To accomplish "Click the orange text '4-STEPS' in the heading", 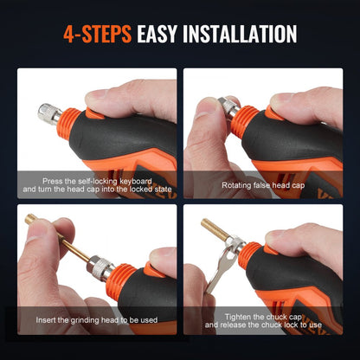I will [97, 35].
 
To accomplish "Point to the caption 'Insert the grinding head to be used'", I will [97, 320].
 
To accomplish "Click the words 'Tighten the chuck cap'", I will [263, 317].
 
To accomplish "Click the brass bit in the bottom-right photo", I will [217, 232].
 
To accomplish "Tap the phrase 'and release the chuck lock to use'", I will [263, 326].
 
